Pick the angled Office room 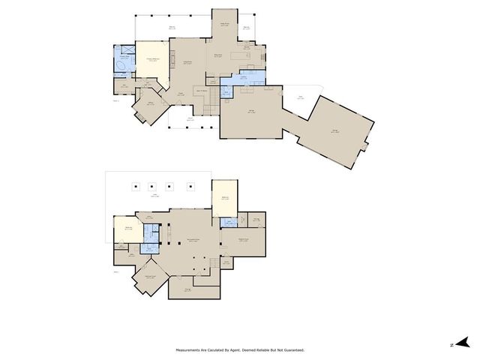point(150,106)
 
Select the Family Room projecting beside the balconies point(223,26)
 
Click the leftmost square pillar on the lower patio point(134,187)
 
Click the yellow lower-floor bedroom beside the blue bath point(127,229)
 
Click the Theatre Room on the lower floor point(243,241)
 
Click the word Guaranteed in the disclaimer point(292,350)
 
